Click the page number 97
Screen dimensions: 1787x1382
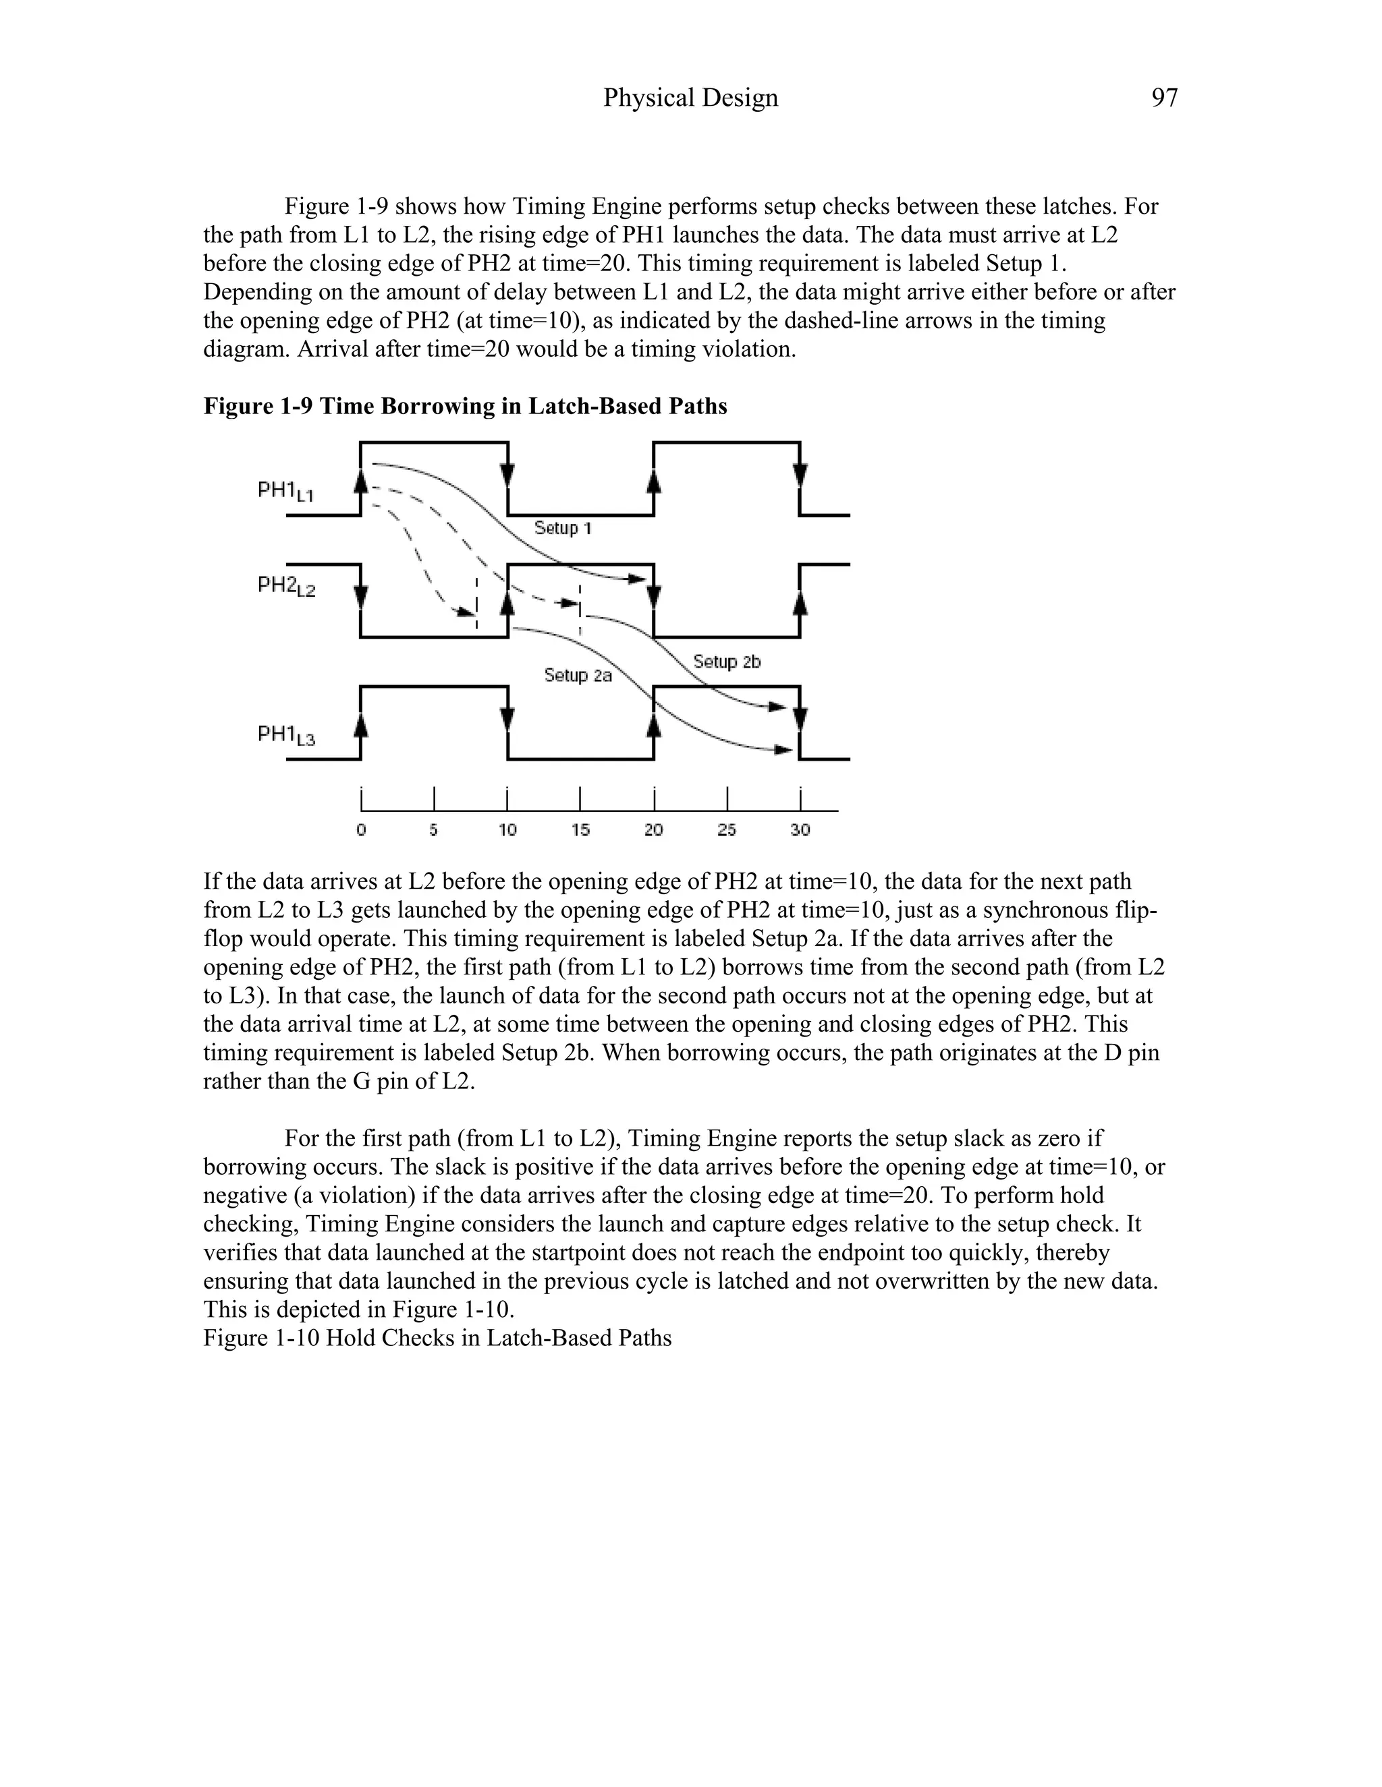[1163, 98]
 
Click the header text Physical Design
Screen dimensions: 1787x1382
[690, 98]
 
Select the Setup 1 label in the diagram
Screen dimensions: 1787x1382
[563, 529]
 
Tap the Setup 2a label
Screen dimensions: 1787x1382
[578, 676]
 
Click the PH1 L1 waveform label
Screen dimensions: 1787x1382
[285, 492]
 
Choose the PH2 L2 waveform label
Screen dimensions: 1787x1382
[285, 586]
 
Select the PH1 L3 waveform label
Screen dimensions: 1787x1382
[285, 736]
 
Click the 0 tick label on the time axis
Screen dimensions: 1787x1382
[361, 829]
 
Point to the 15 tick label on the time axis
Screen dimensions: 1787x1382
[580, 829]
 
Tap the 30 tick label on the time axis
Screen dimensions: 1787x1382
[800, 829]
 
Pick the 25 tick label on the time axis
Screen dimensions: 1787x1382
[726, 829]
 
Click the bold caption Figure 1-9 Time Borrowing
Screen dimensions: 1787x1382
[465, 407]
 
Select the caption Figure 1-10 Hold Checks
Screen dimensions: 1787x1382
[437, 1339]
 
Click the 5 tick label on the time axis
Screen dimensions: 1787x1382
[434, 829]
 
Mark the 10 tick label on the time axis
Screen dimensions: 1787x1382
[507, 829]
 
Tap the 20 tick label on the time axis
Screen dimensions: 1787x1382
[653, 829]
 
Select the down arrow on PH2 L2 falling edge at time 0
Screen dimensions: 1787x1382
[362, 595]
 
